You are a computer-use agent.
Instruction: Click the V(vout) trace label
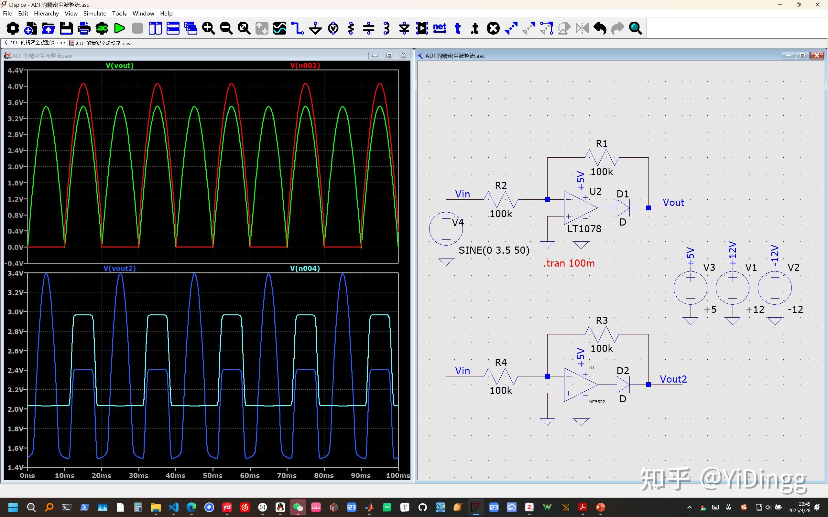tap(119, 65)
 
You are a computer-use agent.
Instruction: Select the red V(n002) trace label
tap(305, 65)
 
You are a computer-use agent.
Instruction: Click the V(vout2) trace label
tap(119, 269)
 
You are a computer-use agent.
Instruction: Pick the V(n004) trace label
tap(305, 269)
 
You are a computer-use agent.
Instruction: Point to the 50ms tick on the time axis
tap(212, 475)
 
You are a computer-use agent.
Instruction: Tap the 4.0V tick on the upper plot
tap(16, 86)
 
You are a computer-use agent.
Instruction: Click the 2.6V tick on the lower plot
tap(16, 351)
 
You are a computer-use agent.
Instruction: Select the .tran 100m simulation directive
tap(569, 263)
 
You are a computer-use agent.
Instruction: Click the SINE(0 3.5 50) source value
tap(494, 250)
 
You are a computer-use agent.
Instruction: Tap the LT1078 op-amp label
tap(584, 229)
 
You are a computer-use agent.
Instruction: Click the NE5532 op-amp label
tap(597, 402)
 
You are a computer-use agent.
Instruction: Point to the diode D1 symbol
tap(623, 207)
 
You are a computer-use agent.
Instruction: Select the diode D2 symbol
tap(623, 385)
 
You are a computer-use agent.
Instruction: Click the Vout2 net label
tap(673, 379)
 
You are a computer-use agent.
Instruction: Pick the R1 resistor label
tap(602, 143)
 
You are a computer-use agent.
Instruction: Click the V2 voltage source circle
tap(775, 288)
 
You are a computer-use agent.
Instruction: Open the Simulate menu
tap(95, 13)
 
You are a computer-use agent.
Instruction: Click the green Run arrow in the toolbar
tap(119, 28)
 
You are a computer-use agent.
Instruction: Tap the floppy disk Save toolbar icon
tap(66, 28)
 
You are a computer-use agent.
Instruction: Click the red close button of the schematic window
tap(817, 55)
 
